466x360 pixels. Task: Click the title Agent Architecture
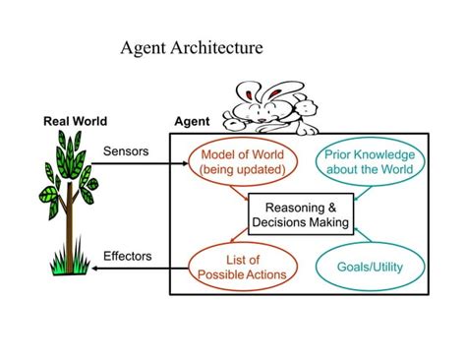point(191,46)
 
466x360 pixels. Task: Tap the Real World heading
point(75,122)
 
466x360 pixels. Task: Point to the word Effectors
point(128,256)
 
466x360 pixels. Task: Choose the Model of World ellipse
point(242,161)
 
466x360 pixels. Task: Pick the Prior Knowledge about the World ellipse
point(370,161)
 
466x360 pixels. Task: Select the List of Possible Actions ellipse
point(242,267)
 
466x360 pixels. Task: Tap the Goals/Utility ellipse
point(370,267)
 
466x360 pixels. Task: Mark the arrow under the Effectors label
point(128,269)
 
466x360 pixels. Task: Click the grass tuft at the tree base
point(68,263)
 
